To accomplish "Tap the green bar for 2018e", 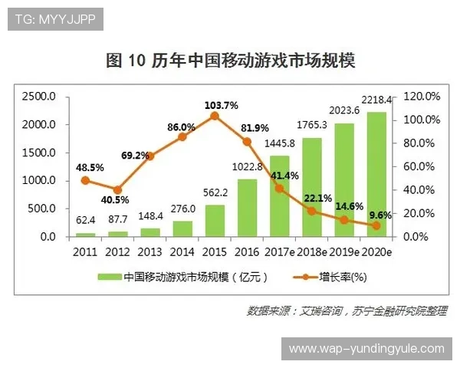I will click(x=311, y=187).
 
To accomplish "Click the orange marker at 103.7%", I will click(x=215, y=116).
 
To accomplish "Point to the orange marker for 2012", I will click(x=117, y=190).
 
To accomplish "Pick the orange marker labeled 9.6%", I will click(x=376, y=225).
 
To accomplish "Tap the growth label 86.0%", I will click(x=181, y=127).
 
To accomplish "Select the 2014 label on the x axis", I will click(x=182, y=251).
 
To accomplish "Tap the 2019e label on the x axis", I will click(x=343, y=251).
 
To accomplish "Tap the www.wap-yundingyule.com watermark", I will click(x=366, y=349).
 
